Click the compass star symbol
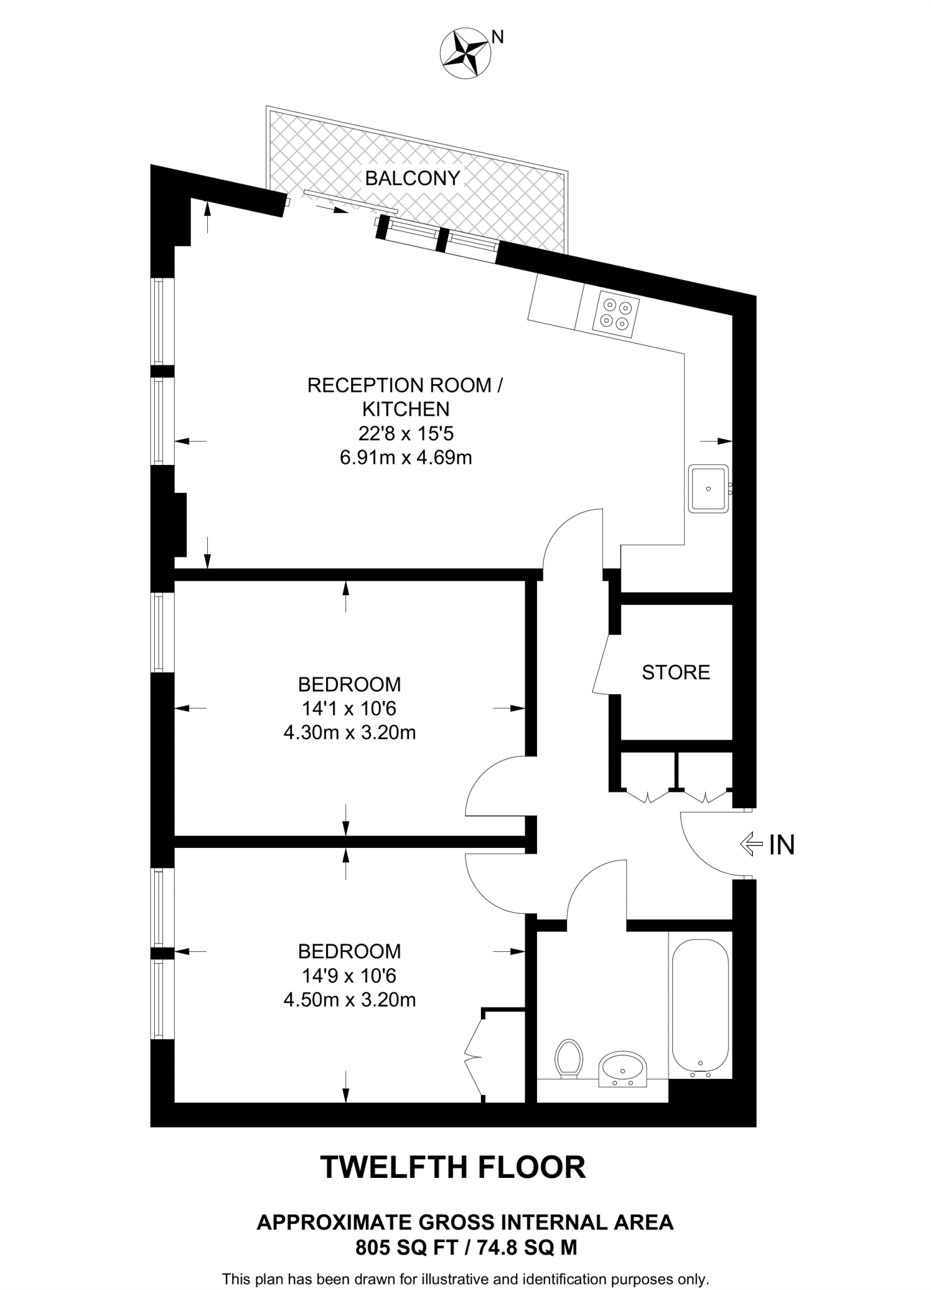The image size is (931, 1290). point(465,54)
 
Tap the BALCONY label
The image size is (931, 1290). point(412,178)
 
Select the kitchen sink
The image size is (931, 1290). point(708,489)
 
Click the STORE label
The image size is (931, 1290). point(675,672)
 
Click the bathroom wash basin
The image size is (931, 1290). point(622,1068)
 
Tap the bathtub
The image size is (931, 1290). point(700,1007)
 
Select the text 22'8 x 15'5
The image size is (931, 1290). point(405,433)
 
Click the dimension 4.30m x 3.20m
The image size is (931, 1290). point(349,733)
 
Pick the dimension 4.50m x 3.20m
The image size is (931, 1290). point(349,1000)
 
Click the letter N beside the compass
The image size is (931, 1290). point(497,38)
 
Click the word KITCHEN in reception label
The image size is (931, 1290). point(405,409)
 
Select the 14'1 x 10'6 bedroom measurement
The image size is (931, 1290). point(349,709)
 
